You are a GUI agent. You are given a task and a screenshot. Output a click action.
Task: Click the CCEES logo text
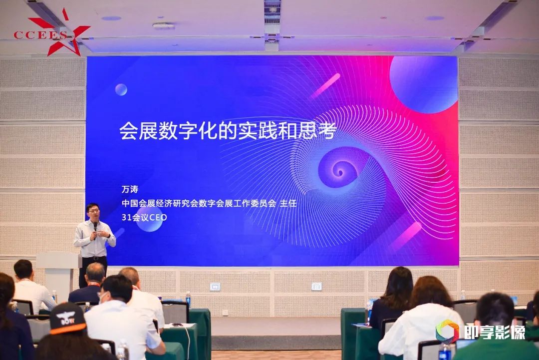click(40, 35)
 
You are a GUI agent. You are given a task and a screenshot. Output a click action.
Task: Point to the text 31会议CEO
click(144, 217)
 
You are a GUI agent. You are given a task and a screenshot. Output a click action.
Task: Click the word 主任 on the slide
click(288, 203)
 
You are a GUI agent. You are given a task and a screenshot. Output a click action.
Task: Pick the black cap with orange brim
click(67, 319)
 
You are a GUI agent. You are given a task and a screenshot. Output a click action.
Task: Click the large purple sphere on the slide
click(424, 84)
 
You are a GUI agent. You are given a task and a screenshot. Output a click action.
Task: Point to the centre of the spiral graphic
click(340, 171)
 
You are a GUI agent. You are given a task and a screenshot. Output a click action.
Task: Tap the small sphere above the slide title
click(121, 89)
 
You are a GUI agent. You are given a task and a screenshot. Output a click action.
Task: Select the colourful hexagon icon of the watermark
click(447, 332)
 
